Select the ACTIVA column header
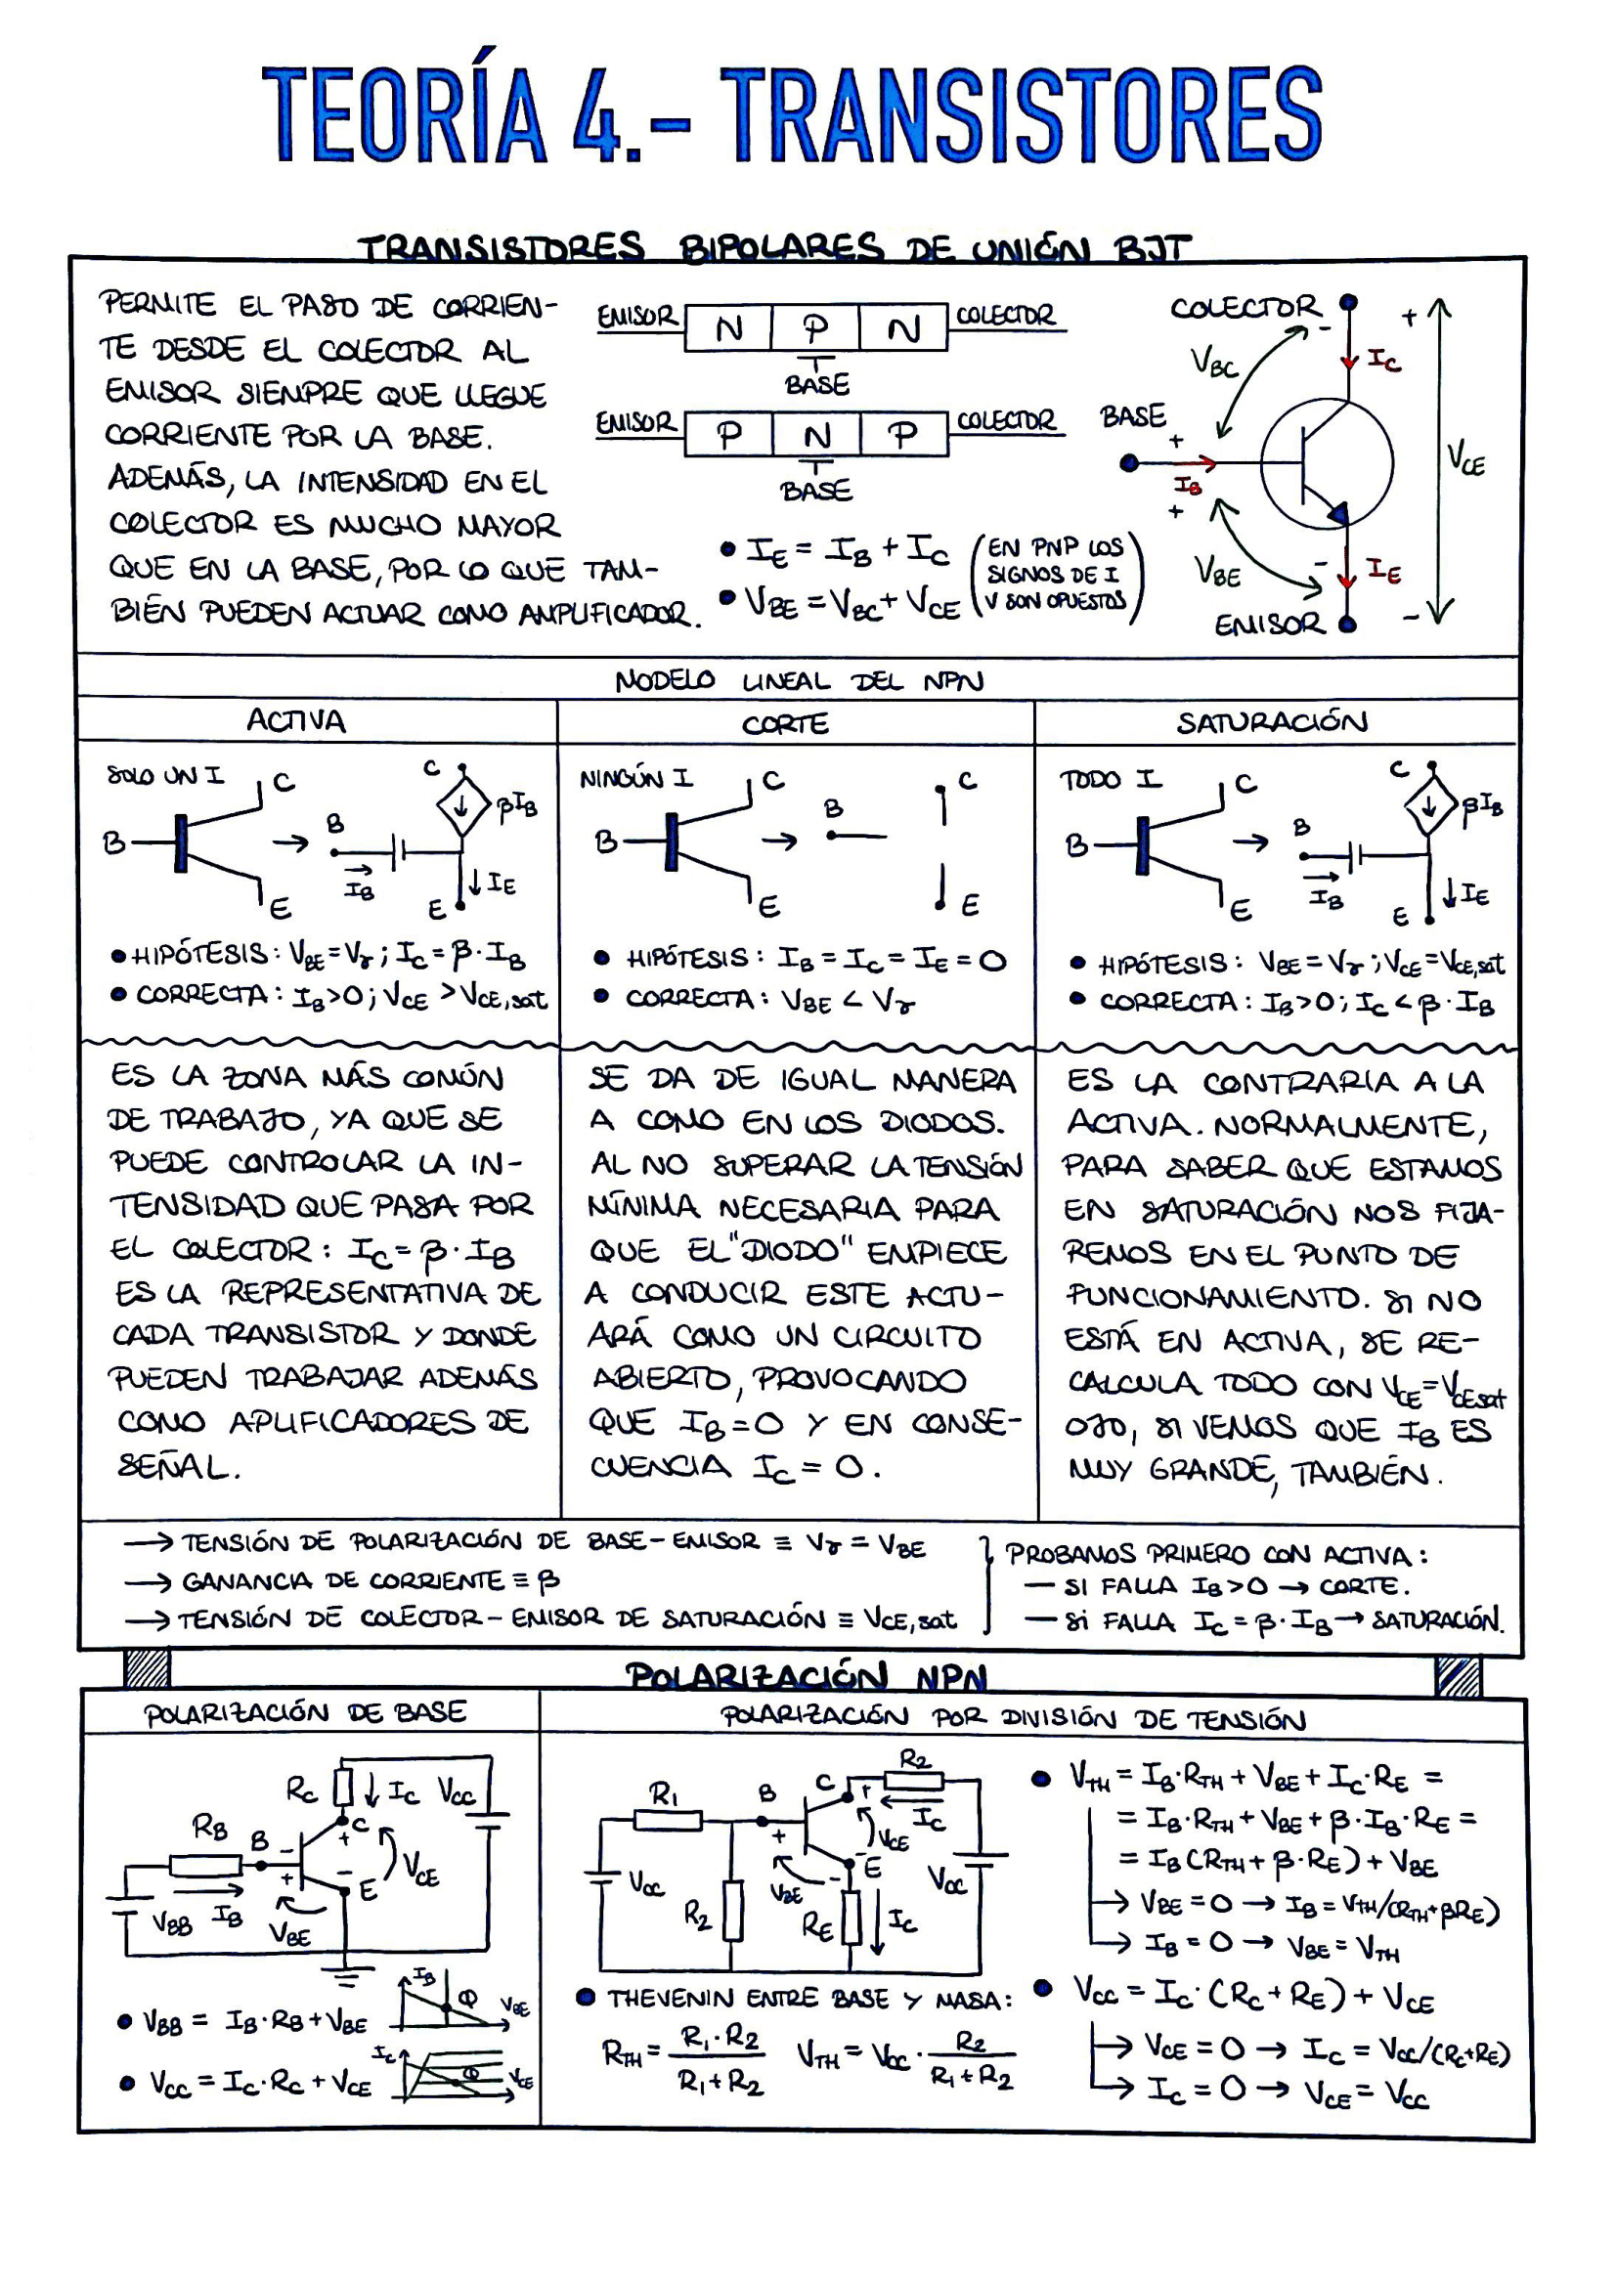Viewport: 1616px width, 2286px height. click(x=295, y=721)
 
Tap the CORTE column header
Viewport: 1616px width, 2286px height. click(x=785, y=724)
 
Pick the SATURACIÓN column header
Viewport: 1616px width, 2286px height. click(x=1272, y=722)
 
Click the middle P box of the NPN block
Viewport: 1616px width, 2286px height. click(x=815, y=327)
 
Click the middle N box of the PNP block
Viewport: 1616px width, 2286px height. click(x=816, y=435)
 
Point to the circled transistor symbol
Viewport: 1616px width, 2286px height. click(x=1327, y=463)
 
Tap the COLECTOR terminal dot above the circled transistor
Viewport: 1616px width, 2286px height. click(x=1348, y=302)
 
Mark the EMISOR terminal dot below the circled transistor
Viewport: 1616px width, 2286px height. click(x=1347, y=625)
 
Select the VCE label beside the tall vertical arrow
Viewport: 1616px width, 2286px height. click(x=1465, y=460)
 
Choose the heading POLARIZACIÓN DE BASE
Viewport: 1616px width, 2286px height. click(x=305, y=1712)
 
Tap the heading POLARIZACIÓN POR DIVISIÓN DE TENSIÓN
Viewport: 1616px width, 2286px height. click(x=1013, y=1717)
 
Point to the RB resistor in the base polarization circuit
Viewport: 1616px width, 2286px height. click(x=205, y=1865)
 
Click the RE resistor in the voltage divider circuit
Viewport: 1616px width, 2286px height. click(x=851, y=1917)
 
